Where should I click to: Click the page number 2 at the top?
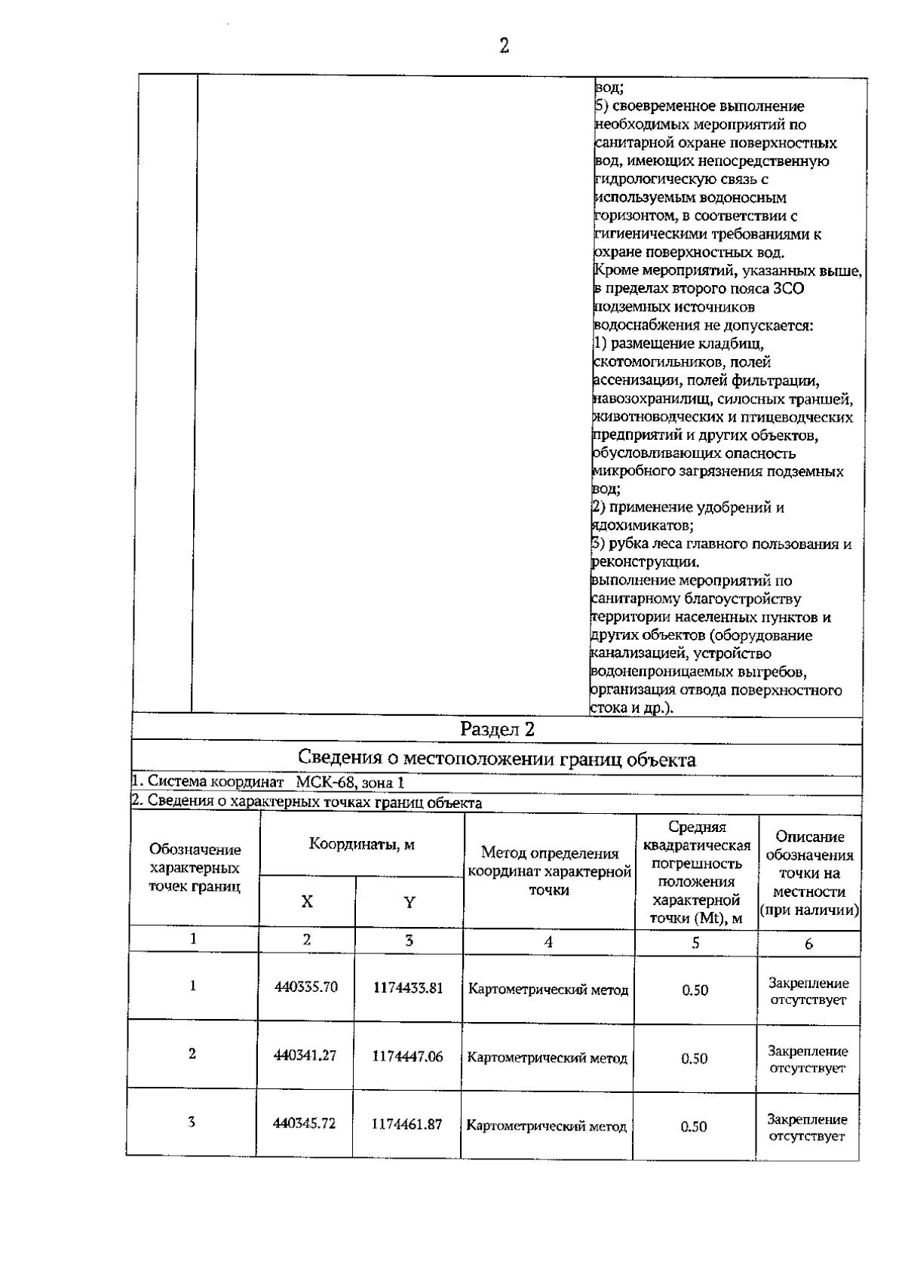click(504, 47)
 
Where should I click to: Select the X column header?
click(307, 901)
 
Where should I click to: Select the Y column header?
click(409, 902)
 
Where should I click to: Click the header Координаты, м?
click(361, 844)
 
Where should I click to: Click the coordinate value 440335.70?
click(305, 987)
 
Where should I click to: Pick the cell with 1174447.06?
click(407, 1056)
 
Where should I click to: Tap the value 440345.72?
click(305, 1123)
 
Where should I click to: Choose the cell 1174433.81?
click(408, 988)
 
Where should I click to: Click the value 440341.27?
click(305, 1055)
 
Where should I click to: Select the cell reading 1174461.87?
click(407, 1124)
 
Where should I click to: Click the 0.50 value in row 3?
click(694, 1126)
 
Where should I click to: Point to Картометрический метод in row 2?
click(548, 1058)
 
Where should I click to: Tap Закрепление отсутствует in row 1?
click(808, 991)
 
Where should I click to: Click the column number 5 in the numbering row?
click(695, 942)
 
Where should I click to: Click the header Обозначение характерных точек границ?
click(195, 868)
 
